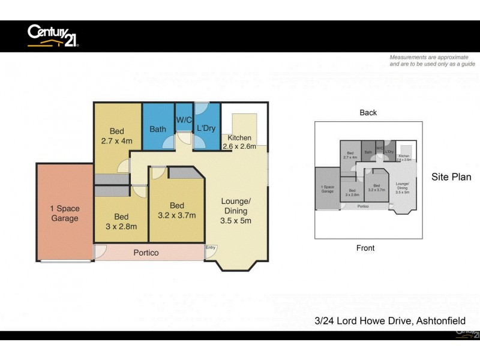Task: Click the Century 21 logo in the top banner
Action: pos(53,36)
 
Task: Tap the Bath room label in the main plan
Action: pos(158,129)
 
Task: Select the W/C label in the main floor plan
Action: pos(184,120)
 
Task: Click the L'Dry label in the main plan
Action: pos(206,128)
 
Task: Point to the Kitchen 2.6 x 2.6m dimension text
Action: pos(239,146)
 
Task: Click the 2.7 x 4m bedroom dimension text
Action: pos(116,141)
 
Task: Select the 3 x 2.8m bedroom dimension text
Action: pos(121,226)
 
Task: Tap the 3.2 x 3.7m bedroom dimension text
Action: pos(176,215)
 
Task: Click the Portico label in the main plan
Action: pos(146,253)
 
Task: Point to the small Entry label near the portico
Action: pos(211,248)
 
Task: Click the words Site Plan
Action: pos(451,177)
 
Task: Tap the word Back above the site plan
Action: pos(368,113)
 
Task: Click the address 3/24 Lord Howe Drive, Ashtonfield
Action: pos(389,321)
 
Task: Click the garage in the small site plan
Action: pos(327,188)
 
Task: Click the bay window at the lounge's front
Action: pos(236,264)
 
